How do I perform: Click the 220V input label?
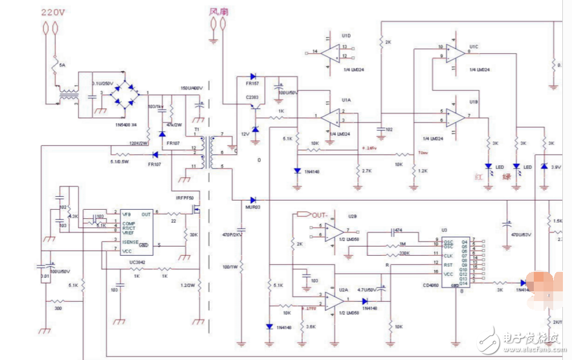click(x=53, y=12)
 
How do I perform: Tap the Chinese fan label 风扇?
click(x=218, y=11)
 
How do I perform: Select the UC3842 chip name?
click(x=137, y=262)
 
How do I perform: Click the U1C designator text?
click(x=474, y=47)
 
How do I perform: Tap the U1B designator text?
click(x=474, y=102)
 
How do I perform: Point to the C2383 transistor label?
click(x=252, y=96)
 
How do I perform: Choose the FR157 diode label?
click(x=252, y=84)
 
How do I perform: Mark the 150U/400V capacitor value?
click(x=192, y=88)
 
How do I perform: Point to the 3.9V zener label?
click(x=556, y=167)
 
